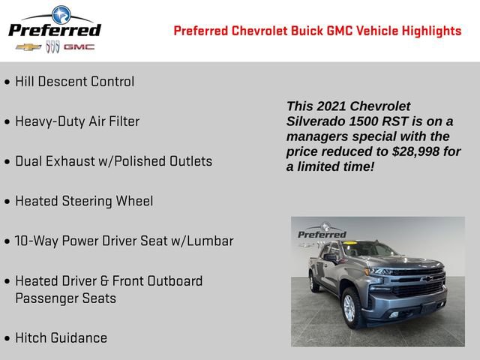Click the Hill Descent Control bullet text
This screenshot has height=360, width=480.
74,82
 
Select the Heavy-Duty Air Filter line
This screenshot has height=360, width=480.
77,121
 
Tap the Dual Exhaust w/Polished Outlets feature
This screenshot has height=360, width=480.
113,161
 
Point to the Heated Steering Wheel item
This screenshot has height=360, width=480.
84,201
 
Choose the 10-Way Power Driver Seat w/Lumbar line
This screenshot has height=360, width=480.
124,241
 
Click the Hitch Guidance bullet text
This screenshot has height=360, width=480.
61,338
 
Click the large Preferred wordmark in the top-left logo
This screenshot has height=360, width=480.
54,30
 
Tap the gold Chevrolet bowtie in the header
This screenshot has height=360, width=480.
28,47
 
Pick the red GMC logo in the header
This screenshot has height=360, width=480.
79,47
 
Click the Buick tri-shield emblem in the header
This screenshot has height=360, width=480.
52,47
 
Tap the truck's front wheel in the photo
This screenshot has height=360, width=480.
349,307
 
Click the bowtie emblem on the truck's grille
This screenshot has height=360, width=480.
426,279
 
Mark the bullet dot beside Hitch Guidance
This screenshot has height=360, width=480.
7,339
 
